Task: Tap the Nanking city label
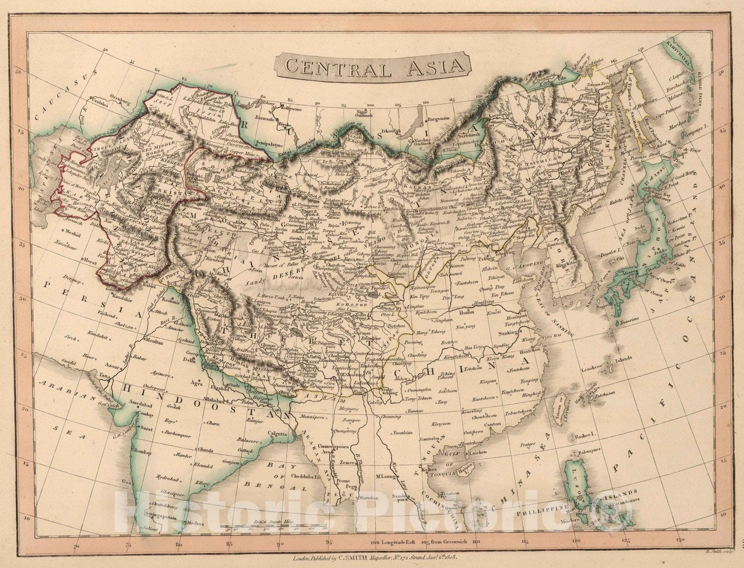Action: (507, 333)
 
